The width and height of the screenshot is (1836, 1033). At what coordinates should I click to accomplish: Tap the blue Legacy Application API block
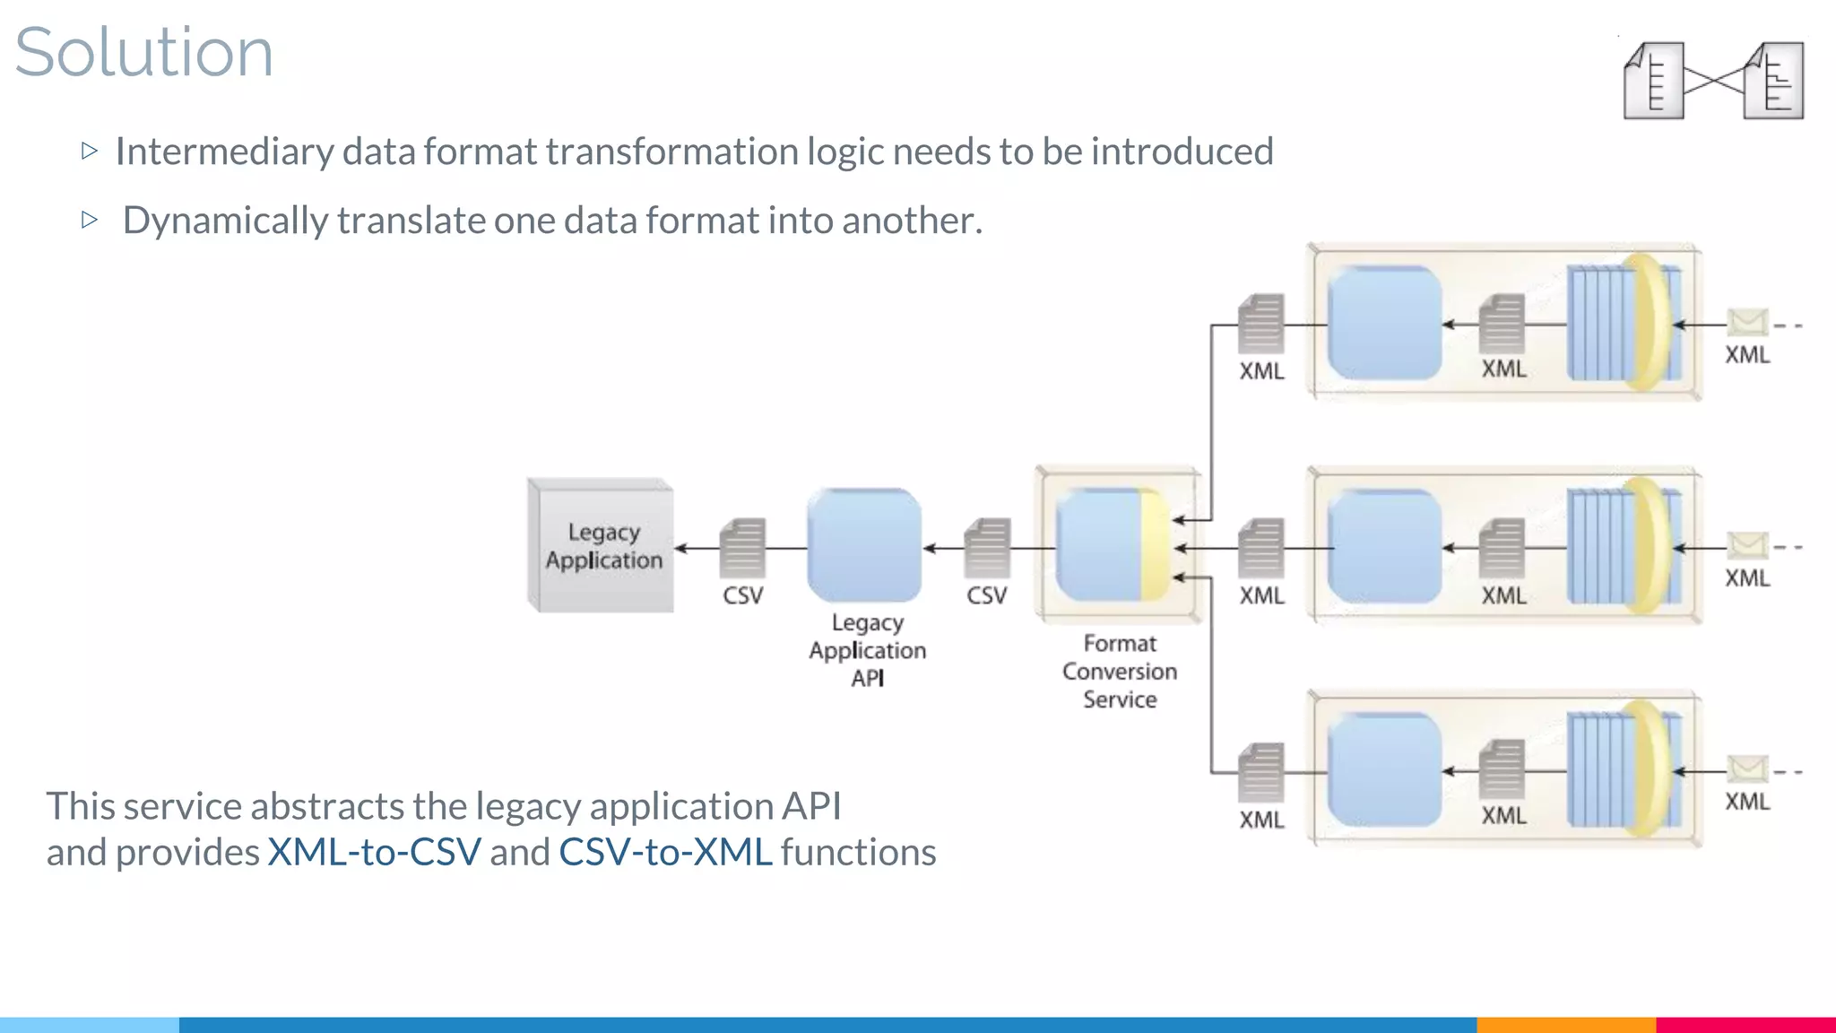coord(864,545)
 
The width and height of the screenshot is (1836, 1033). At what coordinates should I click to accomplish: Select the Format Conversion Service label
coord(1119,671)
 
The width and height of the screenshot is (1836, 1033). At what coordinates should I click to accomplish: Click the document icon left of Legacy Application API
coord(742,548)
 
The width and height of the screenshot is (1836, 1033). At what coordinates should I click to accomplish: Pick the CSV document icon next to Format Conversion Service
coord(987,548)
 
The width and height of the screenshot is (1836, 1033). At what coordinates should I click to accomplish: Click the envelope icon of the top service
coord(1747,322)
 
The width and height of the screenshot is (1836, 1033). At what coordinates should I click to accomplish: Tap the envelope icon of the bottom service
coord(1747,768)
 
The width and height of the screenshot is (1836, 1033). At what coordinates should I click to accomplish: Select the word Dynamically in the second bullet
coord(225,221)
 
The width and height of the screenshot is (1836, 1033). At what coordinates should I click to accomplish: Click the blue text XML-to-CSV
coord(374,852)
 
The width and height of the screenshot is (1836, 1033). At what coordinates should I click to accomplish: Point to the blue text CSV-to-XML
coord(665,852)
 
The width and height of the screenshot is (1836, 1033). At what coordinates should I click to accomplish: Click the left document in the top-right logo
coord(1654,81)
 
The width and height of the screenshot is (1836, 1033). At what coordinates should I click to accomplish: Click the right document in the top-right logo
coord(1774,81)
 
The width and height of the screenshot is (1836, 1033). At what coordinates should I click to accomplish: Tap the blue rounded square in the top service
coord(1384,323)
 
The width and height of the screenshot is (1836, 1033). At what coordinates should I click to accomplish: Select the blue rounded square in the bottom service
coord(1384,769)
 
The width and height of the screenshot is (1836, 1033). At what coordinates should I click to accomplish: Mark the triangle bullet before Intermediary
coord(89,151)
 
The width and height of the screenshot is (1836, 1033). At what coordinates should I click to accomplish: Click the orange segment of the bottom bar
coord(1565,1024)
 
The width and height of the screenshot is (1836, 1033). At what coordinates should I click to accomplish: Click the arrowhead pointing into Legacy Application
coord(681,548)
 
